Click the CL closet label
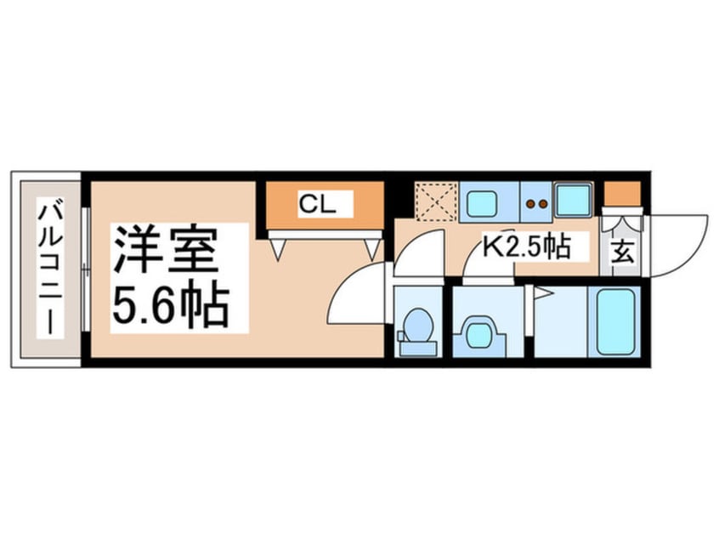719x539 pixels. pos(313,204)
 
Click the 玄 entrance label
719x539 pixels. pos(622,252)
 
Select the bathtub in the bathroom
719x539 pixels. pos(615,321)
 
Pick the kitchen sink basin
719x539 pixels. pos(482,203)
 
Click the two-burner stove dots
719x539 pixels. pos(535,203)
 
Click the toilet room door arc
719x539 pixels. pos(421,252)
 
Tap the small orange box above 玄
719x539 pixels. pos(621,193)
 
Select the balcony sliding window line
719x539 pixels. pos(86,269)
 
